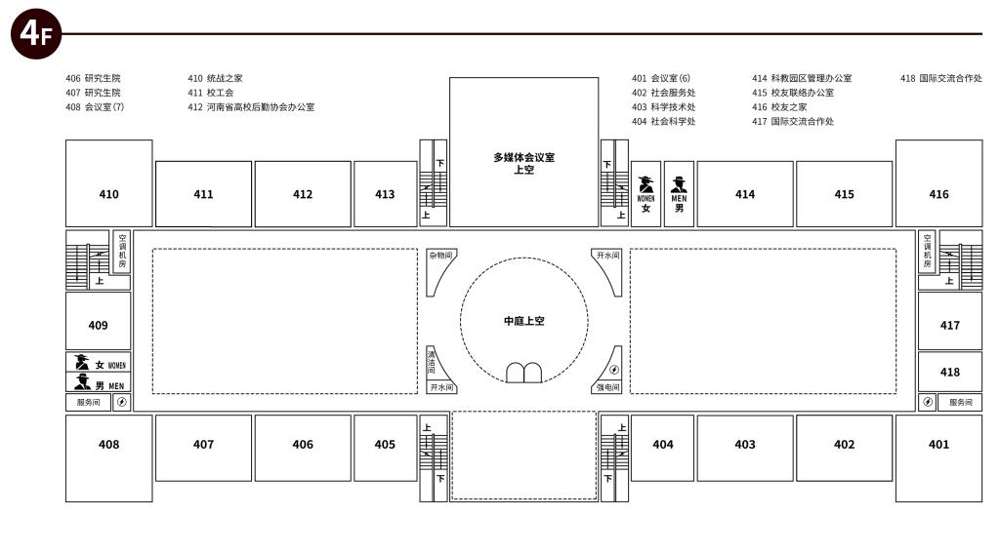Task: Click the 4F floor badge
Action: click(x=36, y=34)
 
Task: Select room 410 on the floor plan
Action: click(x=109, y=183)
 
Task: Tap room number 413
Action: click(x=385, y=194)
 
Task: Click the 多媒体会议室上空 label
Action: click(x=523, y=163)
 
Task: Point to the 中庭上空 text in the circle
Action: click(x=524, y=321)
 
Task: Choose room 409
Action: click(x=99, y=321)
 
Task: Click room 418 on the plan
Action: click(x=949, y=373)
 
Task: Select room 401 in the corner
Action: click(x=938, y=458)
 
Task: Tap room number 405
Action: click(x=385, y=444)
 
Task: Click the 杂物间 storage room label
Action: click(x=440, y=256)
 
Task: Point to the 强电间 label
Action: click(x=607, y=387)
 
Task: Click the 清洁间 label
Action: click(x=431, y=361)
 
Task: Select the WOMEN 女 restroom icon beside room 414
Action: click(x=646, y=194)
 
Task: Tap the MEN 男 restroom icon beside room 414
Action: click(x=680, y=194)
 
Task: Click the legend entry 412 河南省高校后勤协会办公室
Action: click(x=251, y=107)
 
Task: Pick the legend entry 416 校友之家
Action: click(x=779, y=107)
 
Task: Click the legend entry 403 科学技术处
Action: click(x=664, y=107)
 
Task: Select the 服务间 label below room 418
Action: click(x=961, y=402)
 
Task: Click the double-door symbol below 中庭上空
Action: click(x=524, y=373)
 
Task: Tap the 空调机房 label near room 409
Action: click(x=122, y=251)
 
